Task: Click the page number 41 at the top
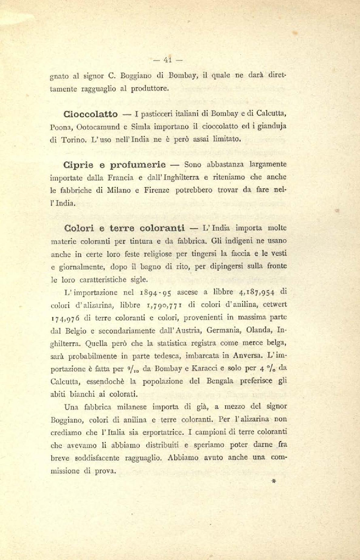(168, 60)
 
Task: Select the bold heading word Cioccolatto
(90, 114)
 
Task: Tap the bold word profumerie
(138, 165)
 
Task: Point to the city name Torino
(74, 140)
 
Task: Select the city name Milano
(118, 190)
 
